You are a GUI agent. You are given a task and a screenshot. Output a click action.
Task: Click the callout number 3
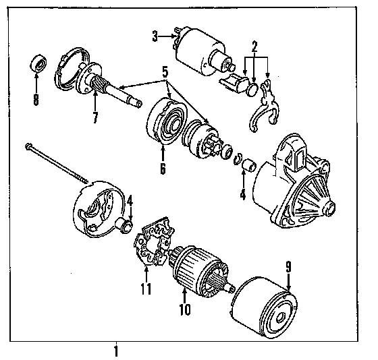[155, 36]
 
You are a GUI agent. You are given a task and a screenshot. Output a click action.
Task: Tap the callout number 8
[36, 99]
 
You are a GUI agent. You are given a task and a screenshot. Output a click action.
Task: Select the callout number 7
[95, 117]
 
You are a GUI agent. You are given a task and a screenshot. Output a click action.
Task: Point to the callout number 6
[163, 169]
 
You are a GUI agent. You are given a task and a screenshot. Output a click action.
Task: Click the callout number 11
[146, 289]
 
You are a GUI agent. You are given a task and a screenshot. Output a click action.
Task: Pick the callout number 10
[185, 309]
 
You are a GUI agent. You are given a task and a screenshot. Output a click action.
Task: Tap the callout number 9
[289, 267]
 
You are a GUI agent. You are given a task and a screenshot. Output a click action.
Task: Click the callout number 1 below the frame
[116, 351]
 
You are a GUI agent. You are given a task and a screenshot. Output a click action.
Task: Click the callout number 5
[165, 72]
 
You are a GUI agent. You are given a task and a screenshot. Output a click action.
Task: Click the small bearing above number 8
[38, 63]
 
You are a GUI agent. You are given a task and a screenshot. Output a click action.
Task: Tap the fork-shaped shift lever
[264, 106]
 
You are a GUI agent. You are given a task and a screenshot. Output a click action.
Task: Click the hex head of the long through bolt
[28, 146]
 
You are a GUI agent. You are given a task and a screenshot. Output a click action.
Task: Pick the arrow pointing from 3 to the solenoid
[167, 36]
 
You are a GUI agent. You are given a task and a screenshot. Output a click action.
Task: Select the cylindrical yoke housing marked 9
[263, 308]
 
